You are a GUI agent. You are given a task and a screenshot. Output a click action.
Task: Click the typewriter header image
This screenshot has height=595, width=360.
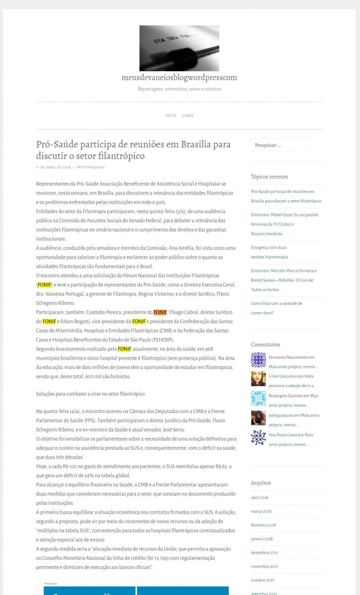click(x=179, y=48)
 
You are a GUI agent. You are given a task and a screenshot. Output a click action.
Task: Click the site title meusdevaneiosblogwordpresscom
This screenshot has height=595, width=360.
click(x=179, y=78)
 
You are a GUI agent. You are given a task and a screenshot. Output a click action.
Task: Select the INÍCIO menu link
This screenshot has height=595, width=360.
click(x=171, y=116)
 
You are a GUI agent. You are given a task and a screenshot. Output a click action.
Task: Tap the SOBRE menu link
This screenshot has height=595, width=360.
click(x=188, y=116)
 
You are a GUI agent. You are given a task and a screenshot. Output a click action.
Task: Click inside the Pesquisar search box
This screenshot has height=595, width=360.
click(x=281, y=145)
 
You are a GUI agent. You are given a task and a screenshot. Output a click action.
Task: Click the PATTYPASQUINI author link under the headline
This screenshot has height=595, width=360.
click(x=91, y=167)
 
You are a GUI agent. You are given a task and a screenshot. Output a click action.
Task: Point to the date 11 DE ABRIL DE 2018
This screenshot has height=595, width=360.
click(x=53, y=167)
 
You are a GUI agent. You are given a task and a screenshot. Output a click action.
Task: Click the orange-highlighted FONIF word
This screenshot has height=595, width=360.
click(x=160, y=312)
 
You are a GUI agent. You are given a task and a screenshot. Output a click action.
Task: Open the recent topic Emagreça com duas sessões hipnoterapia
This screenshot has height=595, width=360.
click(x=269, y=252)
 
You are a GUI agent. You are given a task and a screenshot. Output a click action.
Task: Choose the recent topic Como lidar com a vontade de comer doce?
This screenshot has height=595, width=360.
click(x=276, y=308)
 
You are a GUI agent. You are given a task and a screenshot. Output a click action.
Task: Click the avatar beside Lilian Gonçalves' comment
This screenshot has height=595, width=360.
click(x=258, y=379)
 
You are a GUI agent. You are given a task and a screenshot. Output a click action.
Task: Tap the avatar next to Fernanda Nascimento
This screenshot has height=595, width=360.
click(x=258, y=360)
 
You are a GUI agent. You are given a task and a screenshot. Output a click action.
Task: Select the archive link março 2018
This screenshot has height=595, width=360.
click(x=261, y=512)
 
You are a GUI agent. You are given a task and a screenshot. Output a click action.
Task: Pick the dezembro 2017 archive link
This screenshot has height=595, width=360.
click(x=264, y=553)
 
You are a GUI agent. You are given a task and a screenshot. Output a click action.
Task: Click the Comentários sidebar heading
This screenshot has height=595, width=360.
click(x=266, y=345)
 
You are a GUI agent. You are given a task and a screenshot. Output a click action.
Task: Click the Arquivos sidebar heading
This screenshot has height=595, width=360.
click(x=260, y=483)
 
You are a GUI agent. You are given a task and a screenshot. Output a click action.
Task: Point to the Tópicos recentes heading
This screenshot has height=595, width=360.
click(x=269, y=177)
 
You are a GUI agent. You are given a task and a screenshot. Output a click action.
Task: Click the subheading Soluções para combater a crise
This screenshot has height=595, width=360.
click(x=90, y=394)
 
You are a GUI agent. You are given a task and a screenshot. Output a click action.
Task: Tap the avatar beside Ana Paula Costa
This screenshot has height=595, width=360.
click(x=258, y=437)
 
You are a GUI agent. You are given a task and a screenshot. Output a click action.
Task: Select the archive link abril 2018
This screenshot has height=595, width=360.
click(x=260, y=498)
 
